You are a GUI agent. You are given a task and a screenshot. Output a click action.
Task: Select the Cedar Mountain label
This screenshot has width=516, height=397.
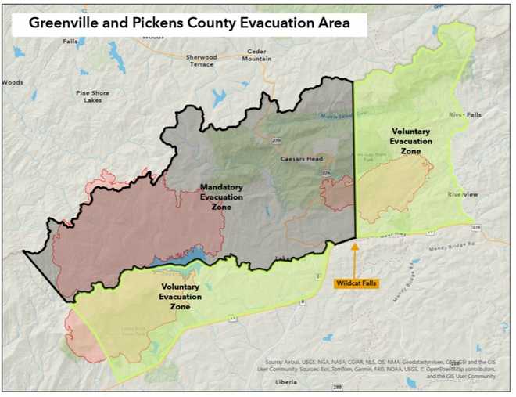click(256, 55)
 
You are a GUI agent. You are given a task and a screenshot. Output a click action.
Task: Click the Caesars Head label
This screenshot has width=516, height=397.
click(302, 159)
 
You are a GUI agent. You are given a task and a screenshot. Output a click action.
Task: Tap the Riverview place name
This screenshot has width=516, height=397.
click(462, 194)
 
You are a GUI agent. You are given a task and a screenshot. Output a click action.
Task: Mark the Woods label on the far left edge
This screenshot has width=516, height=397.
click(13, 82)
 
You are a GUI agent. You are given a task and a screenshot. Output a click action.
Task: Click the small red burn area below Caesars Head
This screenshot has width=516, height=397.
click(338, 193)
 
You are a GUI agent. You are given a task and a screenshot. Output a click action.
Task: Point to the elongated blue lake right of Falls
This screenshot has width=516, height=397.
click(117, 56)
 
